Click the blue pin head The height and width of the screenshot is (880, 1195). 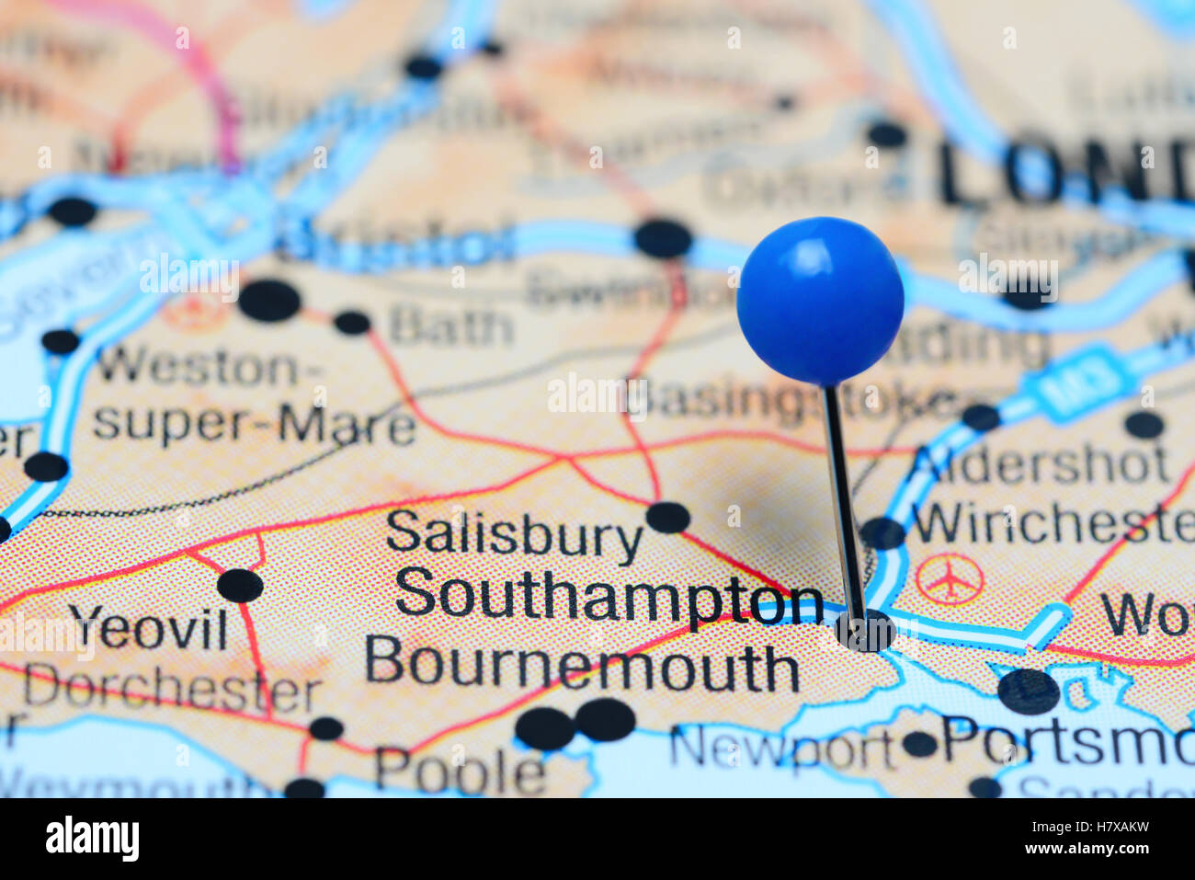tap(820, 301)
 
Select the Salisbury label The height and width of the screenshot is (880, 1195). tap(515, 536)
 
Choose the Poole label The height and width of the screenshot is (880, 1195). tap(460, 771)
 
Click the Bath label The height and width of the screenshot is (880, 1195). tap(450, 326)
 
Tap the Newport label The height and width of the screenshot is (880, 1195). tap(781, 749)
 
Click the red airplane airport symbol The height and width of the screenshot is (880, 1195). tap(950, 579)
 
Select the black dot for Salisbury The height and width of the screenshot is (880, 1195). tap(667, 517)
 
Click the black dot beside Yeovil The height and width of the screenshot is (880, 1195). tap(240, 585)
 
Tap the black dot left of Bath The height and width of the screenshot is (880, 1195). tap(351, 323)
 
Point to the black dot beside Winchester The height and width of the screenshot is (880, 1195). tap(882, 533)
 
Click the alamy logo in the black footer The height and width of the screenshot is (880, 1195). tap(92, 839)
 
